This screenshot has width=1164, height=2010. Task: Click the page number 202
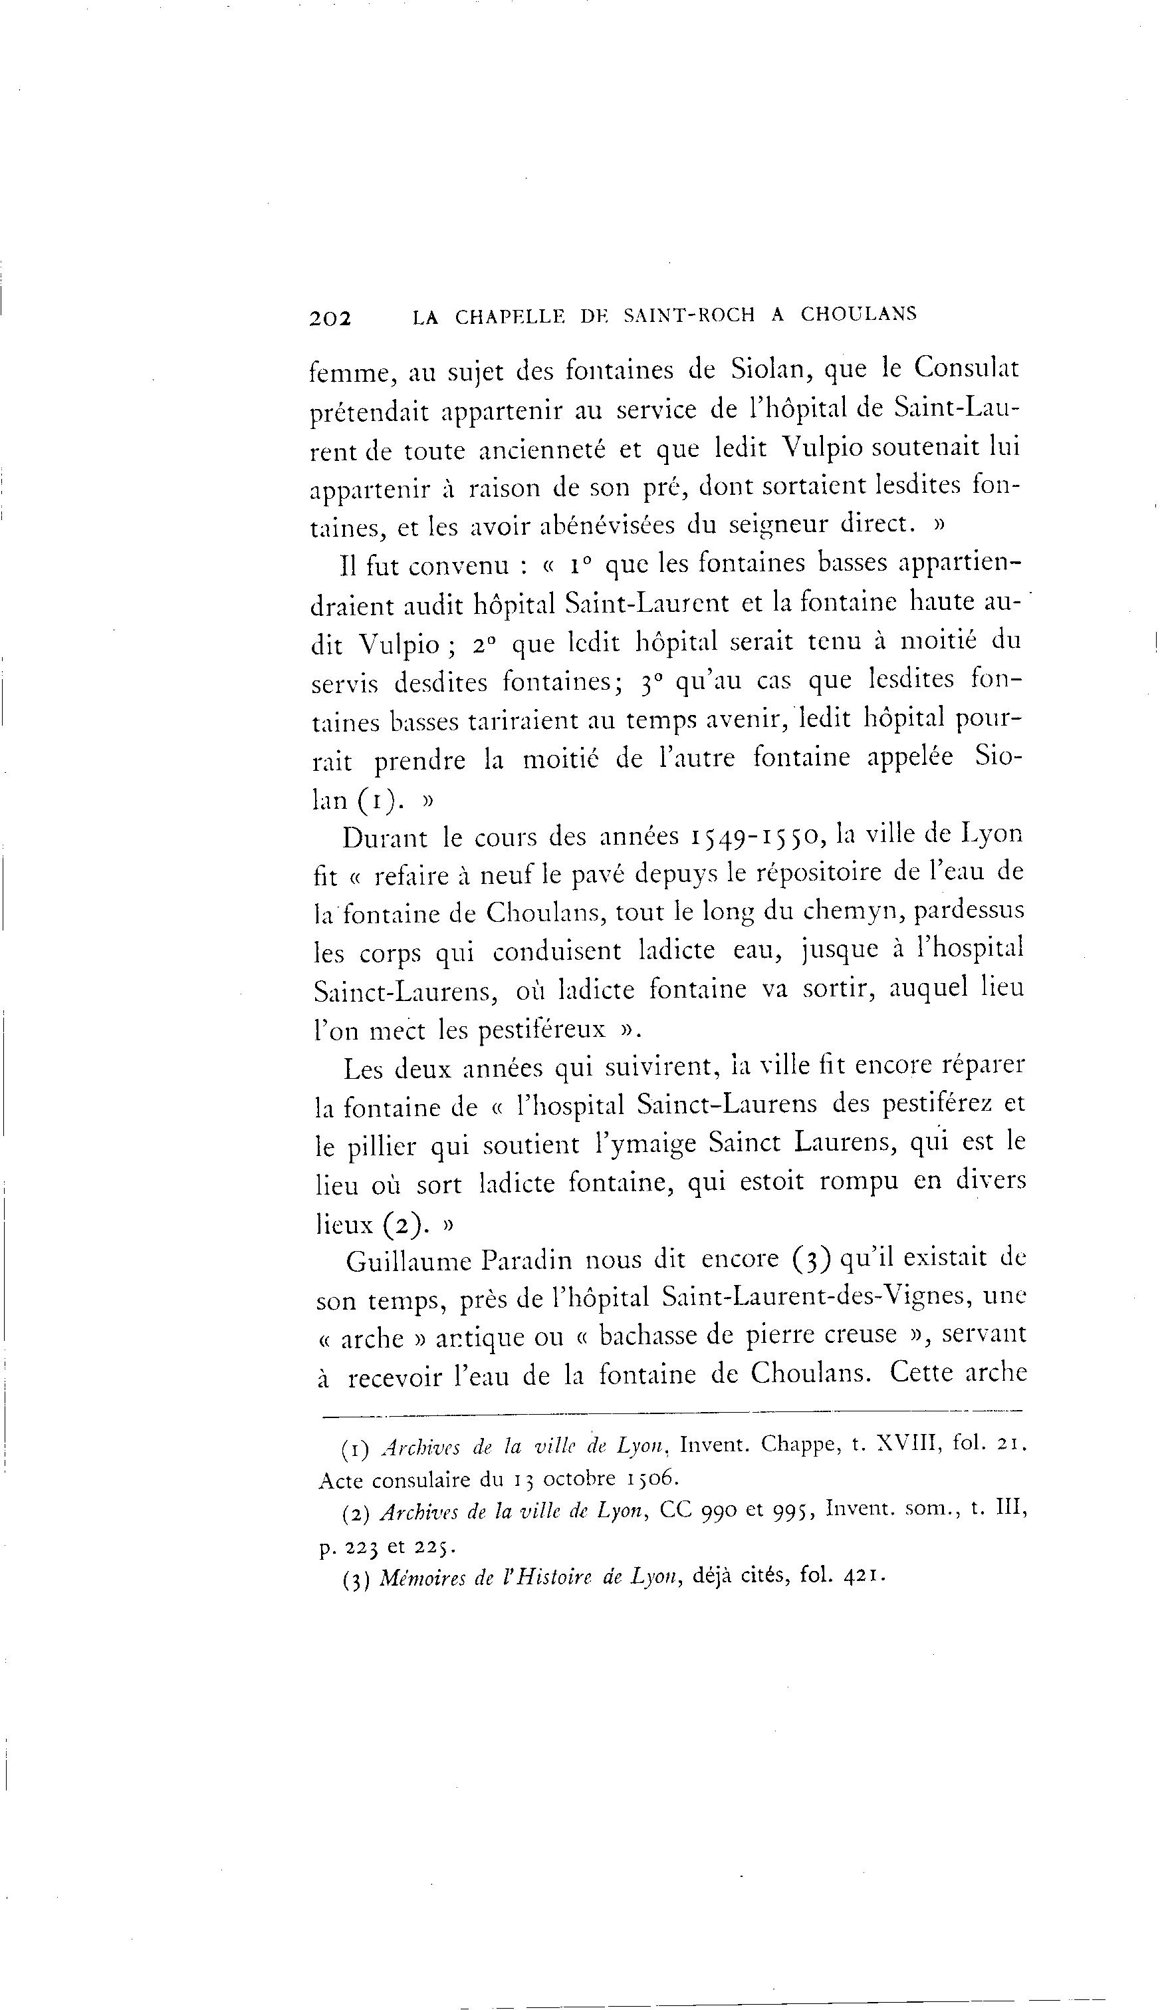tap(330, 317)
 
